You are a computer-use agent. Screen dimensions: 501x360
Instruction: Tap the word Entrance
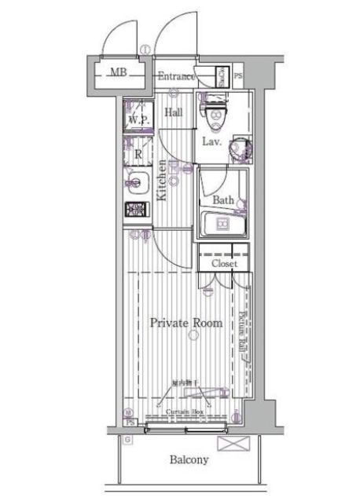point(177,76)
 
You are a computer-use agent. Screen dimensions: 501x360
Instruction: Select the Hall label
point(173,113)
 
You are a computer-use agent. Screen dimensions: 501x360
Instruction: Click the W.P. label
point(138,119)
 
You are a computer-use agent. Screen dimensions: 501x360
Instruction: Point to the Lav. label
point(212,142)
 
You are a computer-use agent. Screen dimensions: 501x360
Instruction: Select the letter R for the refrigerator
point(138,155)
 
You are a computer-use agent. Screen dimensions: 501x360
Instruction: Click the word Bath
point(222,200)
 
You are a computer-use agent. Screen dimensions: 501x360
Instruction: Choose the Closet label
point(224,265)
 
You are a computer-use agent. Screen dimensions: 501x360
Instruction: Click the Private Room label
point(186,323)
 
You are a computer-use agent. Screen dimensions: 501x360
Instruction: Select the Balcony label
point(189,460)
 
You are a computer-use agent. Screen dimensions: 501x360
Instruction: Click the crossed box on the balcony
point(233,444)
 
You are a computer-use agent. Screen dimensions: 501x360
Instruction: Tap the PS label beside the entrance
point(238,76)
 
